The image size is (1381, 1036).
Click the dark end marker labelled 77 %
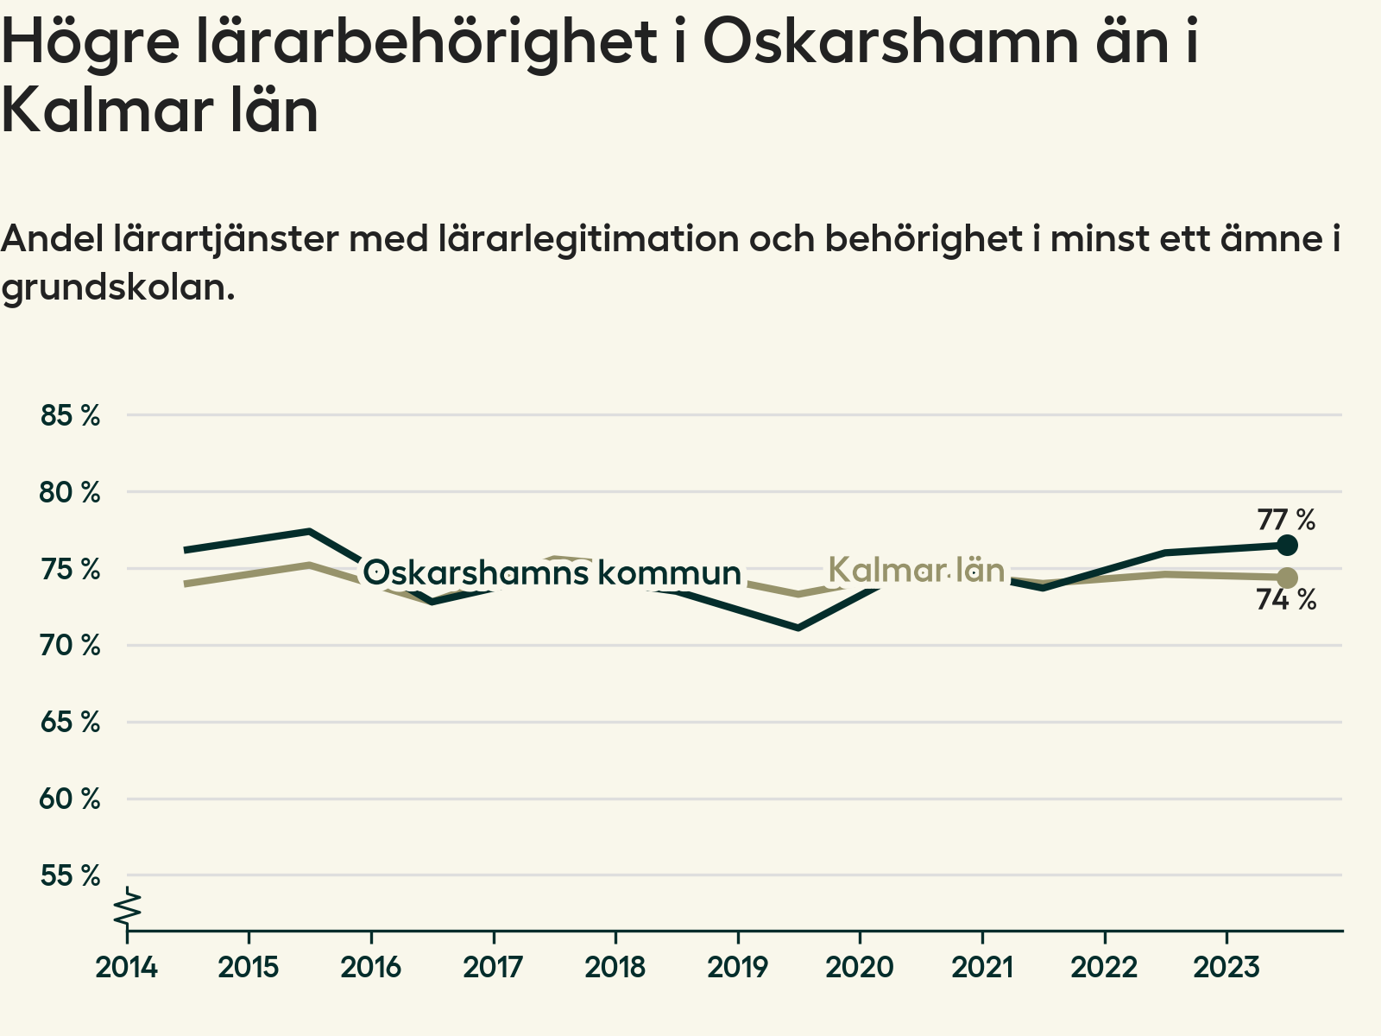[x=1287, y=545]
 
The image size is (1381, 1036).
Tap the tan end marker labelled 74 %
[x=1287, y=578]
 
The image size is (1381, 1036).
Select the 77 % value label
[x=1286, y=520]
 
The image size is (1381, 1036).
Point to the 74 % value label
[x=1286, y=599]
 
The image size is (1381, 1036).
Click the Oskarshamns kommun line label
[x=552, y=572]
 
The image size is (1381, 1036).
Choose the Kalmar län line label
[x=917, y=570]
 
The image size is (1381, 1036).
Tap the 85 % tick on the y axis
[x=71, y=415]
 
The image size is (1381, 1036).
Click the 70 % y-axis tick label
[x=71, y=645]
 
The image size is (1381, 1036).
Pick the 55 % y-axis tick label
[x=71, y=875]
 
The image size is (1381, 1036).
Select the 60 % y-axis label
[x=71, y=799]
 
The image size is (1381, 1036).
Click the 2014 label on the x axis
[x=127, y=967]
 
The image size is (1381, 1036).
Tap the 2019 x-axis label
[x=737, y=967]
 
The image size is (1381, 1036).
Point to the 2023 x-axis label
[x=1227, y=967]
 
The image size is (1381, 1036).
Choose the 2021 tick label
[x=982, y=967]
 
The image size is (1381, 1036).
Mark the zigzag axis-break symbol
[x=128, y=908]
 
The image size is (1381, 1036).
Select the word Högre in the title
[x=91, y=43]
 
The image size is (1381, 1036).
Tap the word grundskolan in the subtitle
[x=118, y=287]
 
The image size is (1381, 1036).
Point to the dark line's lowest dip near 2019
[x=798, y=627]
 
